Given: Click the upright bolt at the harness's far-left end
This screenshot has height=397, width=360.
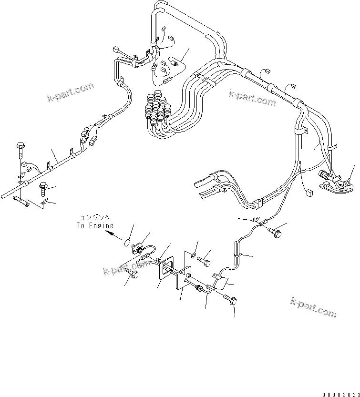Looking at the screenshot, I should tap(20, 149).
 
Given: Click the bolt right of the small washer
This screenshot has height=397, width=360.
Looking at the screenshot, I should tap(206, 261).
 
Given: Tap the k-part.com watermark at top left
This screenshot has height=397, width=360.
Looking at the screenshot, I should tap(70, 92).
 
